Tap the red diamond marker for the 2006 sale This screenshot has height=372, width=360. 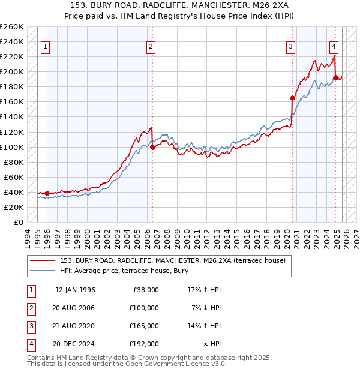152,146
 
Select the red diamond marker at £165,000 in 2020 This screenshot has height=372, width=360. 293,98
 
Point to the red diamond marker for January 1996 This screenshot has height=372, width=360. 47,193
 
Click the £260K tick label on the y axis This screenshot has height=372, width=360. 12,27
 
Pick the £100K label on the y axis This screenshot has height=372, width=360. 12,147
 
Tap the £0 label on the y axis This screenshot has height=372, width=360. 18,222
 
